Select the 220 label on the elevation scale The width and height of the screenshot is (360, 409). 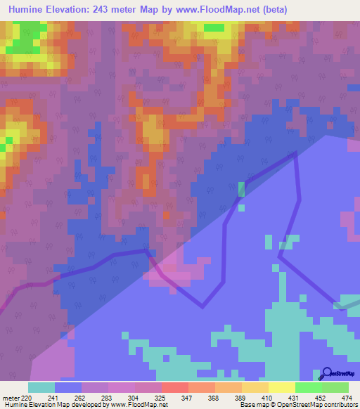tap(27, 398)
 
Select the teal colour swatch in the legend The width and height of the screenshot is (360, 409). tap(41, 387)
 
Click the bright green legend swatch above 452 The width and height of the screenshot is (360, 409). tap(308, 387)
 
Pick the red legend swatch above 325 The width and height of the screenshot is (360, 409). tap(174, 387)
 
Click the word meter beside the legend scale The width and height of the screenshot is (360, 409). tap(11, 398)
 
